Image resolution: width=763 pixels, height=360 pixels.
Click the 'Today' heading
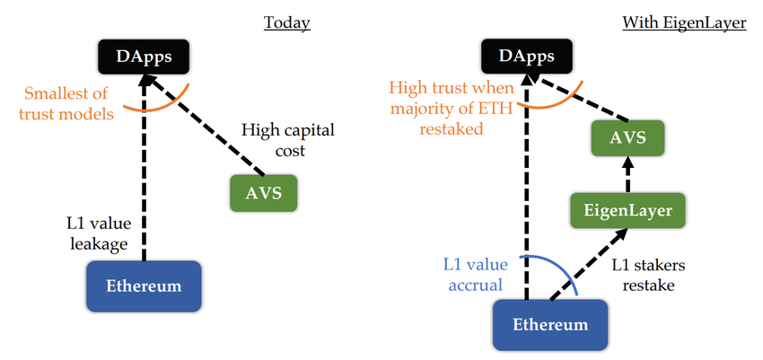click(x=286, y=22)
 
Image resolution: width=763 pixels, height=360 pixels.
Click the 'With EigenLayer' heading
click(x=684, y=22)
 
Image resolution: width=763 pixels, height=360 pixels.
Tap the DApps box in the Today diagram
click(x=144, y=58)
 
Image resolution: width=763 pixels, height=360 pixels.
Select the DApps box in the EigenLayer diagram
click(x=526, y=58)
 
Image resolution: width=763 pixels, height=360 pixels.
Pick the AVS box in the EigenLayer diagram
click(x=626, y=138)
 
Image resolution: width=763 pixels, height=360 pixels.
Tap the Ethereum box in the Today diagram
click(x=144, y=286)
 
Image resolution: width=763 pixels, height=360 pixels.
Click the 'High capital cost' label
click(x=287, y=141)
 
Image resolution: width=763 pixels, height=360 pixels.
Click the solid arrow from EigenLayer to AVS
click(x=627, y=174)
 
